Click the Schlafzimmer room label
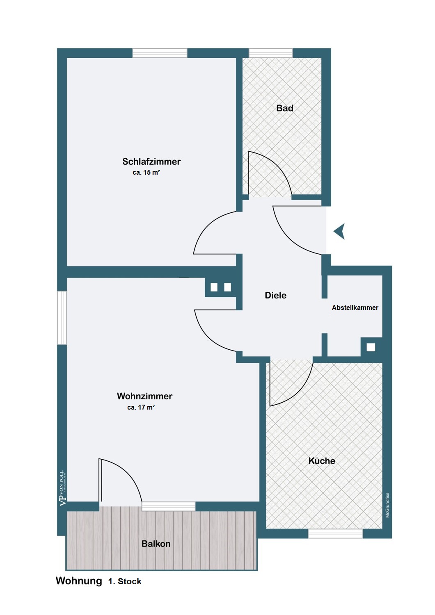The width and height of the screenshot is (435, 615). tap(151, 162)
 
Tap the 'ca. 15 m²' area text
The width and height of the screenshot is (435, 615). tap(146, 173)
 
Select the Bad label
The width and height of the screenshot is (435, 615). tap(284, 108)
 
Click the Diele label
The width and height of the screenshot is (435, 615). tap(275, 295)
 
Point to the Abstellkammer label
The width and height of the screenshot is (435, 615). tap(355, 307)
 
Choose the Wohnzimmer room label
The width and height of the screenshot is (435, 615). tap(144, 396)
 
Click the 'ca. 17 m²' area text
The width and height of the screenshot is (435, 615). tap(141, 407)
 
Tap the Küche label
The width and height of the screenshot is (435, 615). tap(322, 461)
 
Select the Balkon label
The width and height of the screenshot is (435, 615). tap(156, 544)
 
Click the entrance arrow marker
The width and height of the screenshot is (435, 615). tap(339, 232)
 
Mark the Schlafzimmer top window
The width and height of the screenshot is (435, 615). tap(160, 53)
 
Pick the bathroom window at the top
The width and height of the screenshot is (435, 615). tap(271, 53)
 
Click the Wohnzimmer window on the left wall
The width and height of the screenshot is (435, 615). tap(62, 317)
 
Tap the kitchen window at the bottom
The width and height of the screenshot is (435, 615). tap(335, 533)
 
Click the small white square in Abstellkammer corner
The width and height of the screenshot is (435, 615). tap(371, 347)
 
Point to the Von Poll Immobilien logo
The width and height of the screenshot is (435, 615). tap(63, 488)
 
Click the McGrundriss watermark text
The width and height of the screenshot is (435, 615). tap(387, 505)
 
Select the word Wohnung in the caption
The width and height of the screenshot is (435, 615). tap(79, 581)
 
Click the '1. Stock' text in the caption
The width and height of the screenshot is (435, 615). tap(125, 581)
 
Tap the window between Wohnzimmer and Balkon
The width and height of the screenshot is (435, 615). tap(169, 506)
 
